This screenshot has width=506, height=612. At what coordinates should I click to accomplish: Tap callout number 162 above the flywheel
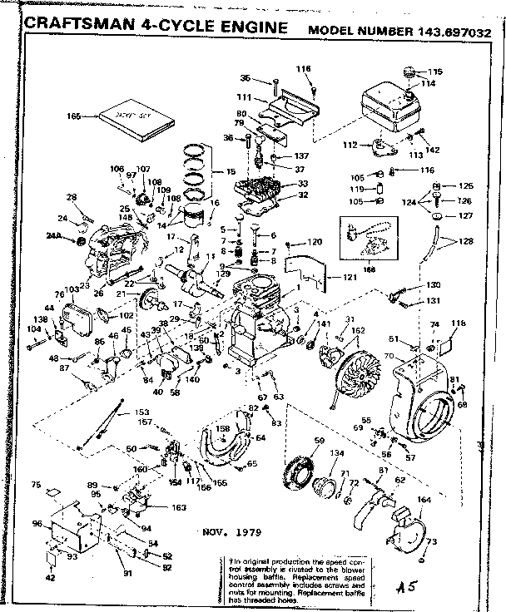(358, 331)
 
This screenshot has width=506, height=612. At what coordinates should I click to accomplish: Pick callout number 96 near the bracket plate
(37, 524)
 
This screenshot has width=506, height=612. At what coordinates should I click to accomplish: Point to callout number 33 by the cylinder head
(301, 184)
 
